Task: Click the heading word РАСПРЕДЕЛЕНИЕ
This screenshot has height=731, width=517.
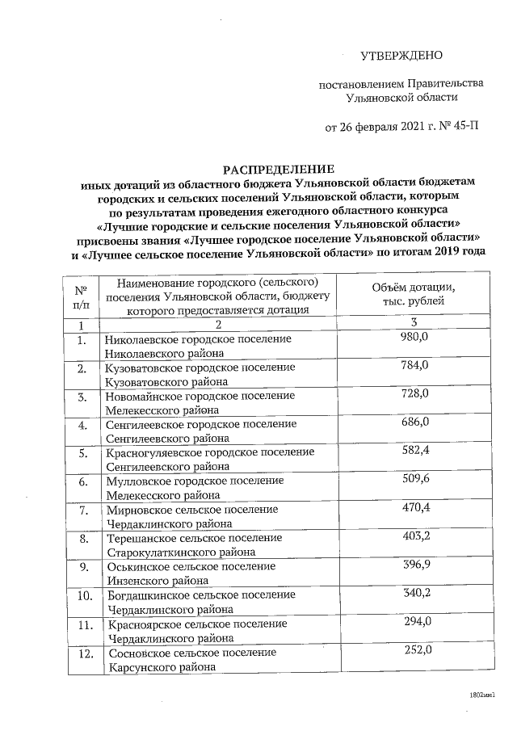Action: point(278,170)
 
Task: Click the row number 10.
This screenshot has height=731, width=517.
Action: point(82,597)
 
